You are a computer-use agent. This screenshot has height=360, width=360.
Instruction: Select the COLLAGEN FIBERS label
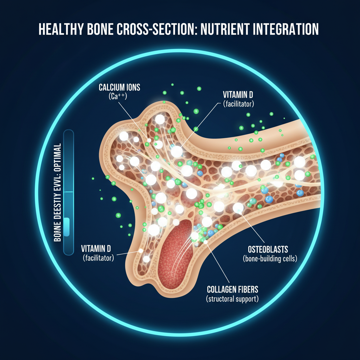(232, 290)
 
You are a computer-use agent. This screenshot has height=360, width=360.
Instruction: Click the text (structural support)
(232, 300)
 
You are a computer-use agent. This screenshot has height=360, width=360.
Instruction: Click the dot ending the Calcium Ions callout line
(149, 140)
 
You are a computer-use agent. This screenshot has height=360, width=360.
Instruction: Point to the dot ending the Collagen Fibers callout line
(205, 242)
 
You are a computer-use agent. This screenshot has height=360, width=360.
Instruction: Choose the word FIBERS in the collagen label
(247, 290)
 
